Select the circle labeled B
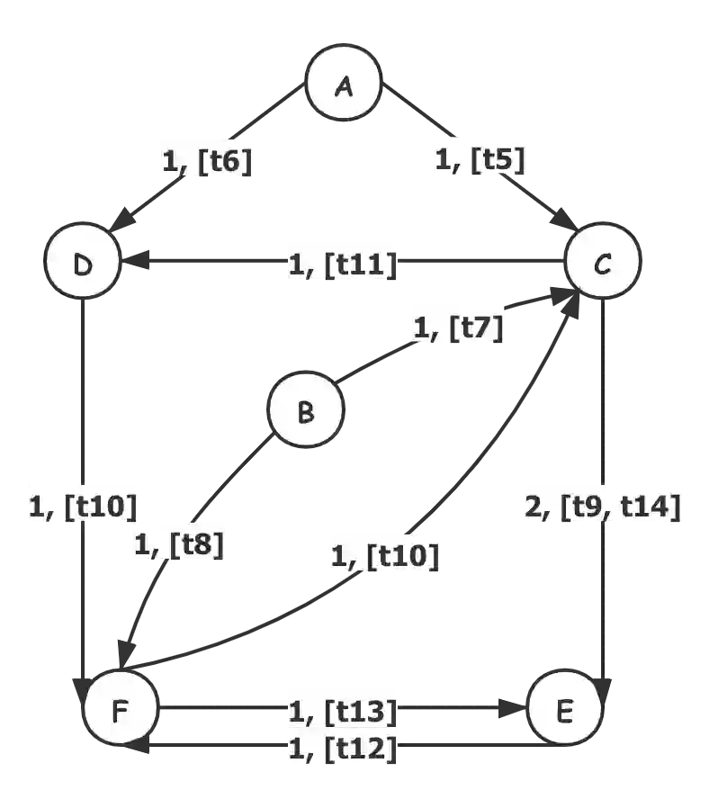(x=306, y=412)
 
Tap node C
(x=603, y=262)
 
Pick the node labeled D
(x=82, y=265)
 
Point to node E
(x=564, y=711)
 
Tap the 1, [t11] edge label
(x=342, y=265)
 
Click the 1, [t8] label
(x=178, y=543)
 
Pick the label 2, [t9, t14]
(x=602, y=507)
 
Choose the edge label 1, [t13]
(x=343, y=711)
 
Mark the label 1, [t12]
(x=343, y=747)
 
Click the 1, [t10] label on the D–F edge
(x=82, y=507)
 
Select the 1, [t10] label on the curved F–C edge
(x=385, y=556)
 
